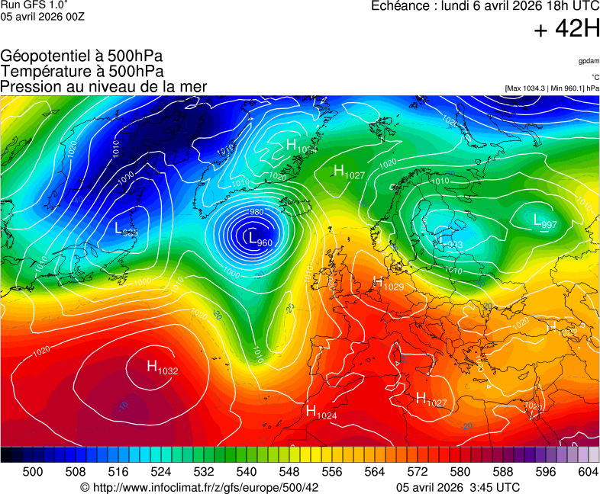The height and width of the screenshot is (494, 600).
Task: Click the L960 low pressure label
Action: point(260,239)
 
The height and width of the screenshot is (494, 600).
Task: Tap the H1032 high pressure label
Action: point(162,368)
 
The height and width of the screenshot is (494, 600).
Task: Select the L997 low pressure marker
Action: point(545,222)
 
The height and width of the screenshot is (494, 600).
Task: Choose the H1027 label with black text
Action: point(349,172)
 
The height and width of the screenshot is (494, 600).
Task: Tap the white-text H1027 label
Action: point(431,399)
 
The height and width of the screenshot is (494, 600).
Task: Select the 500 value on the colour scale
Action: point(33,473)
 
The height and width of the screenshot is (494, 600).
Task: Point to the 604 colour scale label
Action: point(588,473)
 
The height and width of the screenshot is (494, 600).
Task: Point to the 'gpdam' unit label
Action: point(588,60)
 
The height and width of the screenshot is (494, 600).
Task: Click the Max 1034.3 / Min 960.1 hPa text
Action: point(552,88)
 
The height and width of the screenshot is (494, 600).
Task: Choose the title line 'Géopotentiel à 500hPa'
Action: point(82,56)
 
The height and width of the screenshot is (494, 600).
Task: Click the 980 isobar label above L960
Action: point(256,212)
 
